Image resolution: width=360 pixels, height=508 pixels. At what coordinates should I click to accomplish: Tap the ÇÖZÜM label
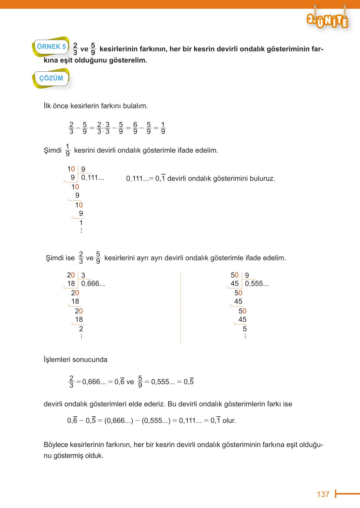click(x=51, y=78)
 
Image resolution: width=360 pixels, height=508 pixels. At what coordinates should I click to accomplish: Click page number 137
click(x=323, y=494)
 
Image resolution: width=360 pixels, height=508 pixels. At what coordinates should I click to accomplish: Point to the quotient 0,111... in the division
click(x=92, y=178)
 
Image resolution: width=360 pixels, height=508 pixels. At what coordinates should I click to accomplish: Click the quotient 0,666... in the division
click(x=93, y=284)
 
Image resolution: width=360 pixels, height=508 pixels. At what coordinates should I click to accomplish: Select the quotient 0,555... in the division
click(x=257, y=284)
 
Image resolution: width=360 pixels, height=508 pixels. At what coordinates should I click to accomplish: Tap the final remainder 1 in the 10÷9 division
click(x=81, y=223)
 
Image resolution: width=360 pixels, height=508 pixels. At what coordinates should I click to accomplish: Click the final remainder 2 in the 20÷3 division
click(x=81, y=329)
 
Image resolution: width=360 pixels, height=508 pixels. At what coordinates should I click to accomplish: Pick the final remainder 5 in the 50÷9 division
click(x=245, y=329)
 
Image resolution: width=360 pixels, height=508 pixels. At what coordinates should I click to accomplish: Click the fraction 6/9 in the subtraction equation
click(x=135, y=128)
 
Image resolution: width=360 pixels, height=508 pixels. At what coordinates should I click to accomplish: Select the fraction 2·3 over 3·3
click(x=103, y=128)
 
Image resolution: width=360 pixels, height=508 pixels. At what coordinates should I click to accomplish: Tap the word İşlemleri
click(x=57, y=360)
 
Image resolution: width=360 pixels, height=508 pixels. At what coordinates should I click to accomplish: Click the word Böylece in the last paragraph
click(x=56, y=445)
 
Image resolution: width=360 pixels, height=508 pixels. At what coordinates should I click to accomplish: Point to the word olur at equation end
click(x=229, y=421)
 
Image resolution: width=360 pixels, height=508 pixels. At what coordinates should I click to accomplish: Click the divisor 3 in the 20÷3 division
click(x=83, y=276)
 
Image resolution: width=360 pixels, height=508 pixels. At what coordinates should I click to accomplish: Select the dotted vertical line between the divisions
click(x=180, y=308)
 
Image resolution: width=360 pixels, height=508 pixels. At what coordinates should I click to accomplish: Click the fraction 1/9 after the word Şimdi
click(x=68, y=150)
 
